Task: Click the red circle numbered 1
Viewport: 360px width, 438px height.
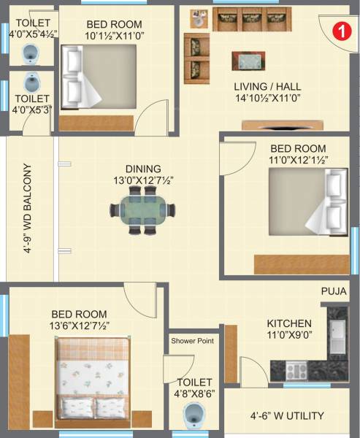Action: click(339, 31)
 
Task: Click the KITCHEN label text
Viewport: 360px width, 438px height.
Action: click(289, 323)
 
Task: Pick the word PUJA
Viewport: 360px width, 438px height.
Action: click(334, 291)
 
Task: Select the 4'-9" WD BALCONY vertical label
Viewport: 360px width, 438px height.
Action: click(28, 208)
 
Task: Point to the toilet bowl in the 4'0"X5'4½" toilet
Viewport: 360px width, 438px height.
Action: click(31, 53)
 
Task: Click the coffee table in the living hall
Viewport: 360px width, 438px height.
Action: click(248, 60)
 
